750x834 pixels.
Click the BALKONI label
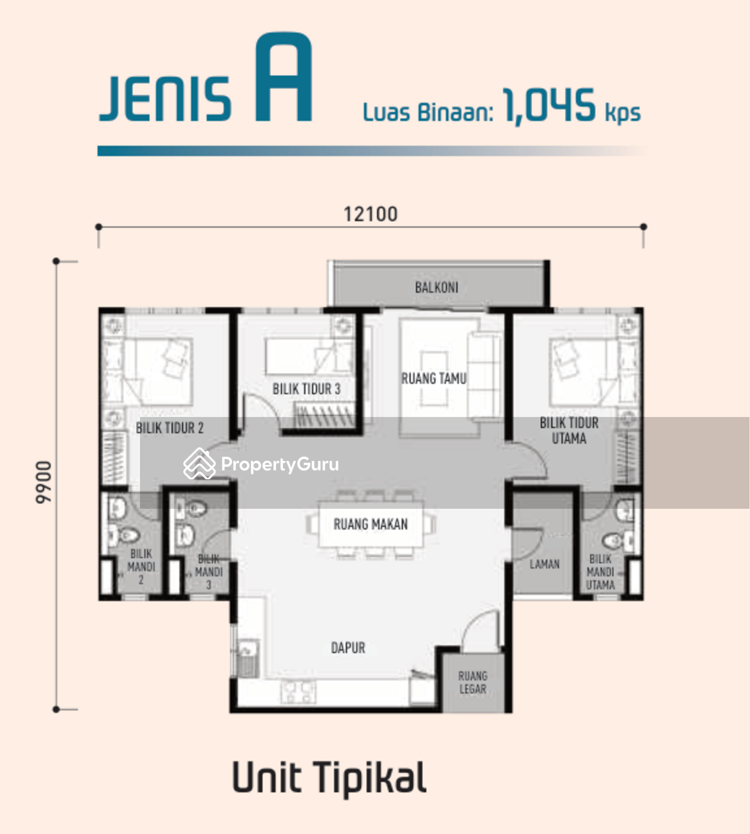pyautogui.click(x=436, y=287)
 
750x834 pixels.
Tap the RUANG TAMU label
pyautogui.click(x=434, y=378)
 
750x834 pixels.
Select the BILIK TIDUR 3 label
pyautogui.click(x=307, y=389)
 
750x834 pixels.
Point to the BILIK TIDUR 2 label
pyautogui.click(x=169, y=428)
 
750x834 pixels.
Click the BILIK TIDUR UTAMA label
pyautogui.click(x=569, y=430)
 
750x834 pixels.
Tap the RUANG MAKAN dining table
pyautogui.click(x=371, y=524)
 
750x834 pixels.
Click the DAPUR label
pyautogui.click(x=348, y=648)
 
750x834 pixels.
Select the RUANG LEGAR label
pyautogui.click(x=472, y=682)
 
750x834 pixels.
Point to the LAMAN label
pyautogui.click(x=544, y=564)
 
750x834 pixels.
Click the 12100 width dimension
pyautogui.click(x=371, y=215)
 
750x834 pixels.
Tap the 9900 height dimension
pyautogui.click(x=44, y=482)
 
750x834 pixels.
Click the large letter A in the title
pyautogui.click(x=284, y=77)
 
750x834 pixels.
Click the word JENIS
pyautogui.click(x=165, y=99)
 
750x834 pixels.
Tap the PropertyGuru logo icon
pyautogui.click(x=199, y=463)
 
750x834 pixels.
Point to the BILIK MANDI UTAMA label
pyautogui.click(x=600, y=572)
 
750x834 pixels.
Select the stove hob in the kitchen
pyautogui.click(x=298, y=692)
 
